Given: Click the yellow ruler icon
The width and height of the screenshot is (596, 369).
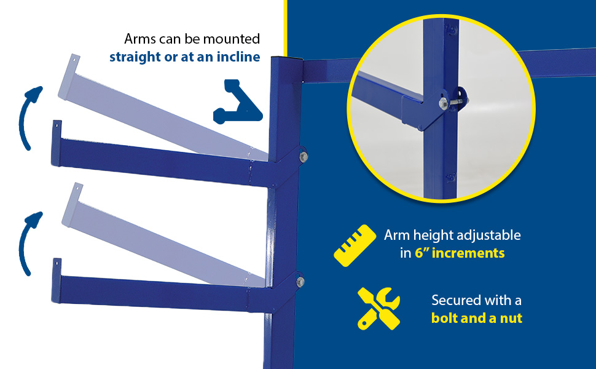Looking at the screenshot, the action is pyautogui.click(x=355, y=245).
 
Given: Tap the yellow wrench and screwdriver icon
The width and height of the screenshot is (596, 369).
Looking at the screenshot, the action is pyautogui.click(x=378, y=308).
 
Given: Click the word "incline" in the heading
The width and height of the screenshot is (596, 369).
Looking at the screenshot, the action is pyautogui.click(x=238, y=57).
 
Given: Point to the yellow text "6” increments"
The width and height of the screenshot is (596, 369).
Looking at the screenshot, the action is pyautogui.click(x=460, y=253).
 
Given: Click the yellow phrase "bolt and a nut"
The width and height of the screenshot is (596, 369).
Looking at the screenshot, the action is pyautogui.click(x=477, y=318).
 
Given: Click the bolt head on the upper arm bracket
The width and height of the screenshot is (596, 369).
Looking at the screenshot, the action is pyautogui.click(x=304, y=157).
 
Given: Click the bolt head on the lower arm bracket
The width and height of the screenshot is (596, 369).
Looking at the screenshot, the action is pyautogui.click(x=300, y=282).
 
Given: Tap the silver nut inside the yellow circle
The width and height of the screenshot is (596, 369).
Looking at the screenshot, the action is pyautogui.click(x=443, y=103).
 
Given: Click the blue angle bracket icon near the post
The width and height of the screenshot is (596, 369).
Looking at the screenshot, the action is pyautogui.click(x=238, y=101).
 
